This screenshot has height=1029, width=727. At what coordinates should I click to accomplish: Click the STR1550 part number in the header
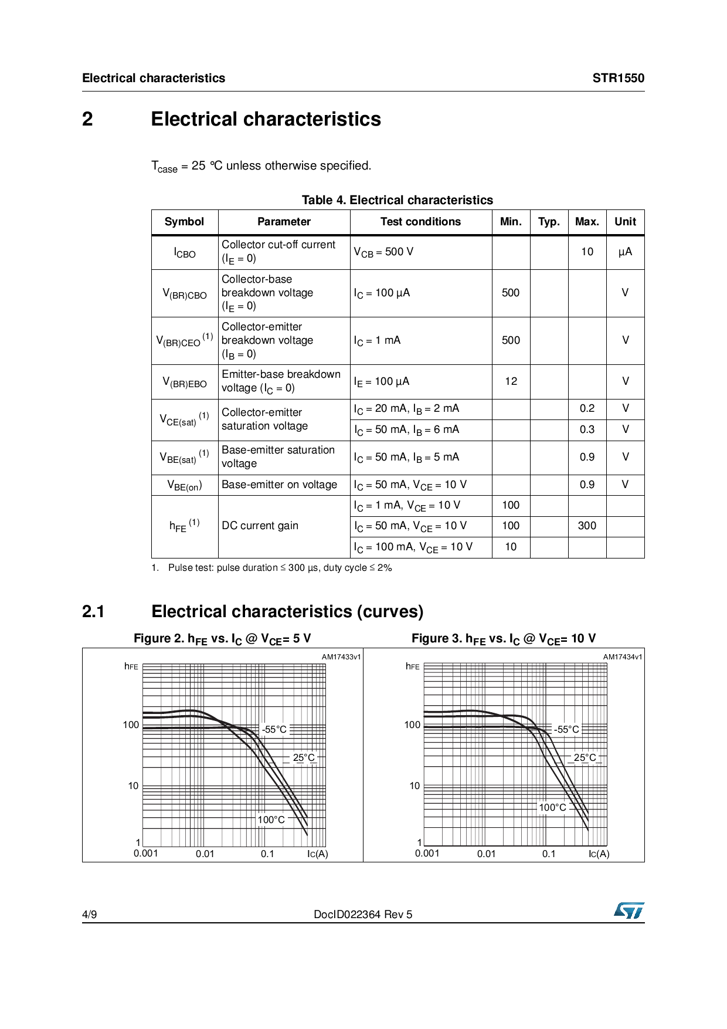tap(618, 78)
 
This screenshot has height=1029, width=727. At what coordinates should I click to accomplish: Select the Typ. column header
tap(549, 222)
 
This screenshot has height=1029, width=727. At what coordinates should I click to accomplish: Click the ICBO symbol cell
tap(185, 253)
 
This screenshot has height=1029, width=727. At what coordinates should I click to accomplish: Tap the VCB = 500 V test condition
tap(383, 252)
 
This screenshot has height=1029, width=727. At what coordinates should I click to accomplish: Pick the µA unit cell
tap(625, 252)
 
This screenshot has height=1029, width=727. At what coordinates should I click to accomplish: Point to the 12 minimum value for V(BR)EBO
tap(511, 381)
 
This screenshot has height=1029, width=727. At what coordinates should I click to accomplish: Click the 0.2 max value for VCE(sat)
tap(587, 408)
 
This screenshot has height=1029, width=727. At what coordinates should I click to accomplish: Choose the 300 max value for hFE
tap(587, 526)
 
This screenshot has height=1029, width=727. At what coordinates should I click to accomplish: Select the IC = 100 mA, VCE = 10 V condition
tap(413, 547)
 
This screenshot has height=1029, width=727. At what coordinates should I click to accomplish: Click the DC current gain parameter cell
tap(260, 526)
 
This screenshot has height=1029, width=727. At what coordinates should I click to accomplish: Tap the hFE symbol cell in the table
tap(184, 526)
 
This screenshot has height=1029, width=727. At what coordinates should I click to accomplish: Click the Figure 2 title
tap(222, 639)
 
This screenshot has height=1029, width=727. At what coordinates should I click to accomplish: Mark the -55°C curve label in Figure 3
tap(566, 729)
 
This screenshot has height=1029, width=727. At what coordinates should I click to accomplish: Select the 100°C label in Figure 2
tap(271, 820)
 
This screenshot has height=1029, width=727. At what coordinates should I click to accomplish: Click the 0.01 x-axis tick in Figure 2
tap(205, 854)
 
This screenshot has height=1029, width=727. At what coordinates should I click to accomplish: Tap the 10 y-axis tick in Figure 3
tap(415, 786)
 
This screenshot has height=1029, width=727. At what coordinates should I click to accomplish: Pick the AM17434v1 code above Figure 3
tap(623, 657)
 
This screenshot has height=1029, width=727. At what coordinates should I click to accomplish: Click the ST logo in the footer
tap(629, 910)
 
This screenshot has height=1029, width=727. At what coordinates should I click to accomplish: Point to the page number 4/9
tap(90, 915)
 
